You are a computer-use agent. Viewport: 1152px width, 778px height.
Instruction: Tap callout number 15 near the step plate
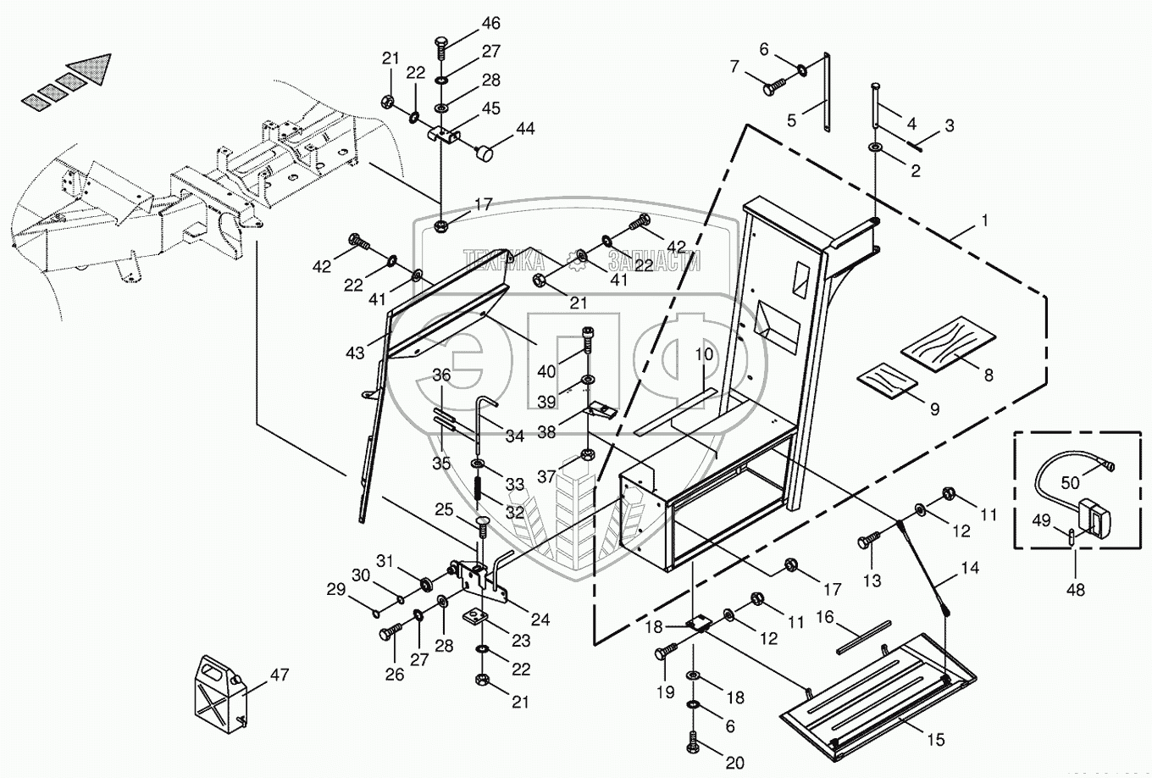tap(934, 739)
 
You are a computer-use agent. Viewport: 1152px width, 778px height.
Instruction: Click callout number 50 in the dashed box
tap(1070, 482)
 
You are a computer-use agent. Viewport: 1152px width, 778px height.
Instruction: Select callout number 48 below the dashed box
tap(1077, 590)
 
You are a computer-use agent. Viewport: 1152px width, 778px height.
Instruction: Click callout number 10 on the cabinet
tap(705, 353)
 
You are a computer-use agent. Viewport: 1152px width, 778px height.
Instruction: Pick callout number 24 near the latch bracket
tap(540, 620)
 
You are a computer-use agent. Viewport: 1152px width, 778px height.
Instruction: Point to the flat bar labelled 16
tap(863, 638)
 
